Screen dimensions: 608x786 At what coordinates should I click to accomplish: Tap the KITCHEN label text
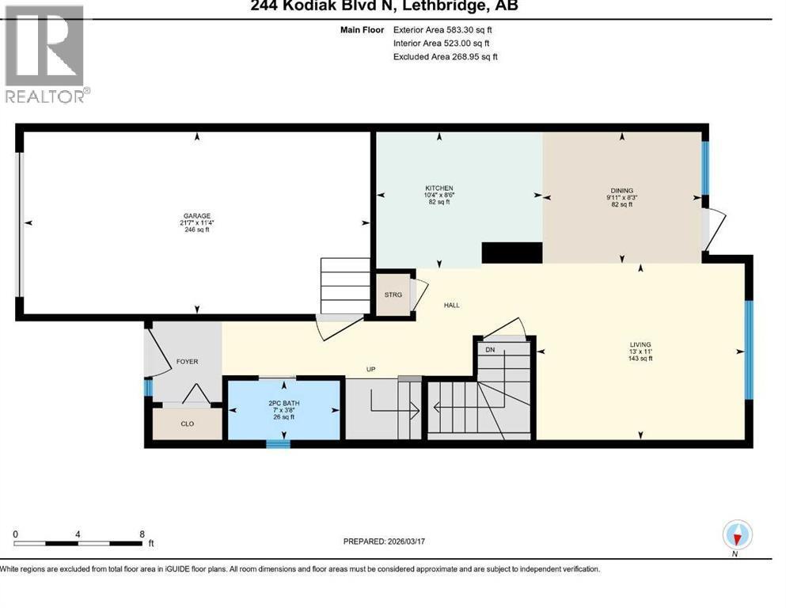click(x=439, y=188)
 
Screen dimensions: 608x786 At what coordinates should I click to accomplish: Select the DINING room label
click(x=621, y=191)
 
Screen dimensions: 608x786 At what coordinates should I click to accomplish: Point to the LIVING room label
click(x=640, y=345)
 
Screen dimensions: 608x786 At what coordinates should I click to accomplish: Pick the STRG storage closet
click(x=393, y=294)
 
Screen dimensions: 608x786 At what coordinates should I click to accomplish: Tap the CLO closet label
click(x=188, y=424)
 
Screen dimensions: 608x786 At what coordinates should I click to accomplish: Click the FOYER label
click(x=188, y=362)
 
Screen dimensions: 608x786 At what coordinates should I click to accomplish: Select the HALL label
click(x=451, y=305)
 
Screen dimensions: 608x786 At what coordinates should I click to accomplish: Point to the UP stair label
click(x=370, y=369)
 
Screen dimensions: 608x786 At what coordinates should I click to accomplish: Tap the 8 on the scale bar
click(x=141, y=534)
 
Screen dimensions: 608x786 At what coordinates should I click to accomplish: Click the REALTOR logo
click(x=44, y=54)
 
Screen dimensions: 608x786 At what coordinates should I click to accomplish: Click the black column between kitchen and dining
click(x=511, y=253)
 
